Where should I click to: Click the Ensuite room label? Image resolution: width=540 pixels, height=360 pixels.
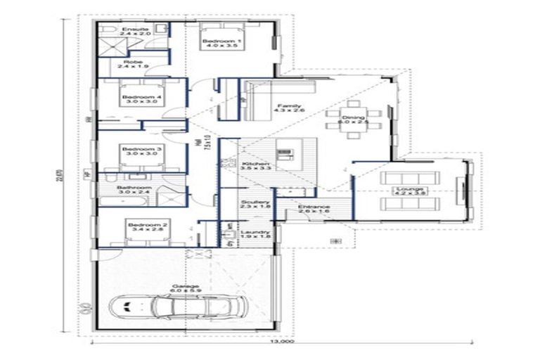pyautogui.click(x=131, y=30)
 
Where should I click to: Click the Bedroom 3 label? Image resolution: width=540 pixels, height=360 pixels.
pyautogui.click(x=132, y=152)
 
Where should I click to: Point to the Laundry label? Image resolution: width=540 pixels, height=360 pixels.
pyautogui.click(x=250, y=235)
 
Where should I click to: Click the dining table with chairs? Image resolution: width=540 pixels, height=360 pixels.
pyautogui.click(x=354, y=121)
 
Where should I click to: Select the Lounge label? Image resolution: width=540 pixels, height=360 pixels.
pyautogui.click(x=410, y=191)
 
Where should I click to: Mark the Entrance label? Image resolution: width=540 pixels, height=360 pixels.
pyautogui.click(x=314, y=209)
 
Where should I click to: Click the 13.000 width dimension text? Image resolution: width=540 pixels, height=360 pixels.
pyautogui.click(x=283, y=344)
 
